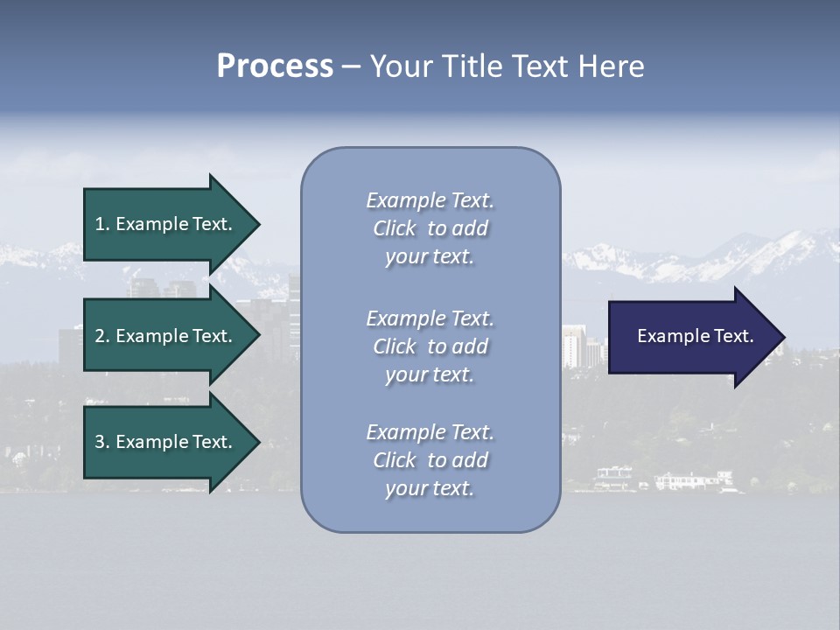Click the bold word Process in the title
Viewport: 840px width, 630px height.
coord(275,66)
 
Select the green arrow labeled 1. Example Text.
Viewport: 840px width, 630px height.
coord(166,224)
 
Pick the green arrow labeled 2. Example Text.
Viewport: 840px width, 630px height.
coord(166,336)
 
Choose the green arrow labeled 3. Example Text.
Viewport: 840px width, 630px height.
coord(166,442)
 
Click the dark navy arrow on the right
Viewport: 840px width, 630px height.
coord(691,337)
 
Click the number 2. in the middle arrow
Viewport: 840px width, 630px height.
coord(102,336)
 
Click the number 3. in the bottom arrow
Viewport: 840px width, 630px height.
coord(102,442)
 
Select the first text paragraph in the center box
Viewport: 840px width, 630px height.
coord(430,228)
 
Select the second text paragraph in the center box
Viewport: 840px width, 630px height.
coord(430,346)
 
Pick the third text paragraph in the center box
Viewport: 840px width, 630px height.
coord(430,460)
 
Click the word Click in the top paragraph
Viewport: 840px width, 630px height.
coord(395,228)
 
